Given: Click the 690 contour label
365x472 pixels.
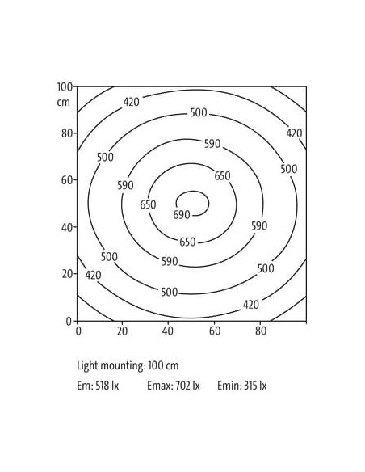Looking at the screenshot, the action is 182,215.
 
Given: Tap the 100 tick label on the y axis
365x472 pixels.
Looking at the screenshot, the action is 65,87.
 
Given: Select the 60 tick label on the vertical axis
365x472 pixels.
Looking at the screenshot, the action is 67,180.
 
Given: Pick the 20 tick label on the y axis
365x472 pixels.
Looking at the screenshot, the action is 67,274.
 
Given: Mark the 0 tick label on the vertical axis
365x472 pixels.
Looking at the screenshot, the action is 69,322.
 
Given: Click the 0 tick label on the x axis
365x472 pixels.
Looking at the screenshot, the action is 78,331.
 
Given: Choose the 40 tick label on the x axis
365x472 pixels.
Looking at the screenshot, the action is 168,331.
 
